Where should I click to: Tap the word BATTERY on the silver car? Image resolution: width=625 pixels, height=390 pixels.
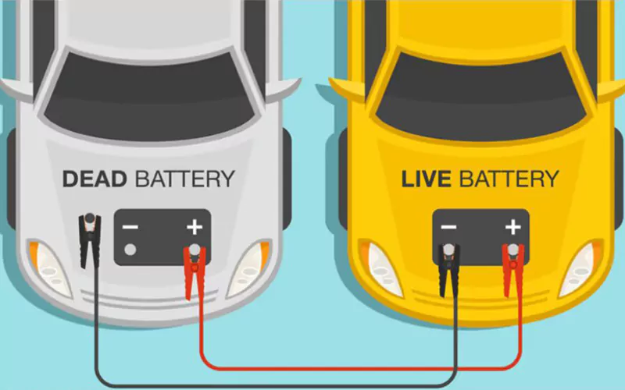[x=184, y=179]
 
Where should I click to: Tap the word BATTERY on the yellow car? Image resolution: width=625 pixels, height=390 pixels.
[x=509, y=179]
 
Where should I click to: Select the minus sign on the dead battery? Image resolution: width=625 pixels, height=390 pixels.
[x=130, y=229]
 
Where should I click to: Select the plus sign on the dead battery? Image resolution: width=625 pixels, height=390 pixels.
[x=193, y=228]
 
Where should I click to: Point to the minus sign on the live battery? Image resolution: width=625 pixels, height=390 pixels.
[x=448, y=228]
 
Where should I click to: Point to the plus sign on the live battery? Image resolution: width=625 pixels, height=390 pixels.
[x=512, y=228]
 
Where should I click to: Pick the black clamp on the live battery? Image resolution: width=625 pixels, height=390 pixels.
[x=448, y=269]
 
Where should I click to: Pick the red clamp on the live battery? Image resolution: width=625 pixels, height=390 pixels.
[x=512, y=269]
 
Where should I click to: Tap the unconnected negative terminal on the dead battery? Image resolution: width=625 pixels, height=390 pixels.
[x=130, y=250]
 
